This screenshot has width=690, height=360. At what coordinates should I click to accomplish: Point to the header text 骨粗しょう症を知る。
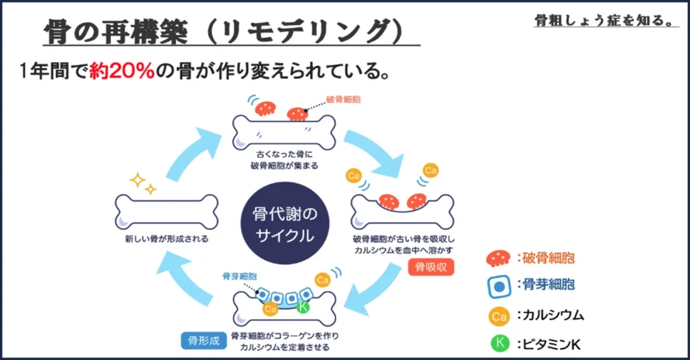tap(604, 20)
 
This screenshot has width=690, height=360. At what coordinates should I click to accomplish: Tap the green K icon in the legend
tap(499, 343)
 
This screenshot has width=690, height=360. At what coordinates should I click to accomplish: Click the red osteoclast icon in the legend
tap(499, 258)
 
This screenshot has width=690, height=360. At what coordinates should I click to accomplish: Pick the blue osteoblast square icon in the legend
tap(499, 286)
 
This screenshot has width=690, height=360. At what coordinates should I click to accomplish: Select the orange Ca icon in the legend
tap(499, 315)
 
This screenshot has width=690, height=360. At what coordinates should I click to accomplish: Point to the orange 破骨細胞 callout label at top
tap(344, 99)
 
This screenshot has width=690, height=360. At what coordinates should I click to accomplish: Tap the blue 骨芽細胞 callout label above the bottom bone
tap(239, 276)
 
